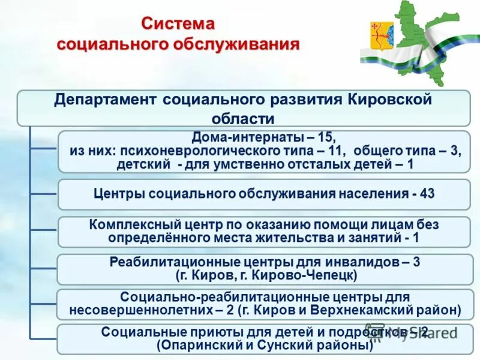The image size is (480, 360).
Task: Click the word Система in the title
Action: [x=178, y=23]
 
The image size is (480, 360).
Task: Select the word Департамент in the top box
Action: [x=106, y=99]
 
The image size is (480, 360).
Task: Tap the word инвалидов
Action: [x=349, y=262]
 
